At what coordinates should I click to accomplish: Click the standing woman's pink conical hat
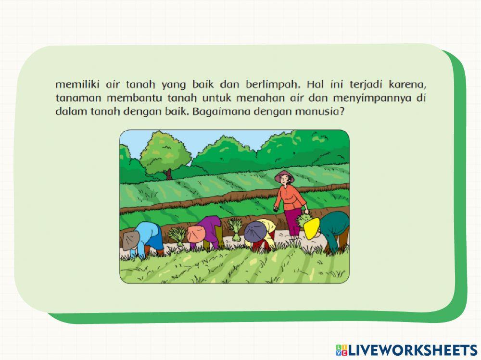pos(284,175)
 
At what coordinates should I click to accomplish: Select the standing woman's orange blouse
pos(290,197)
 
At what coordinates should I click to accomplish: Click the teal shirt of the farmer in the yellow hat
pos(337,223)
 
